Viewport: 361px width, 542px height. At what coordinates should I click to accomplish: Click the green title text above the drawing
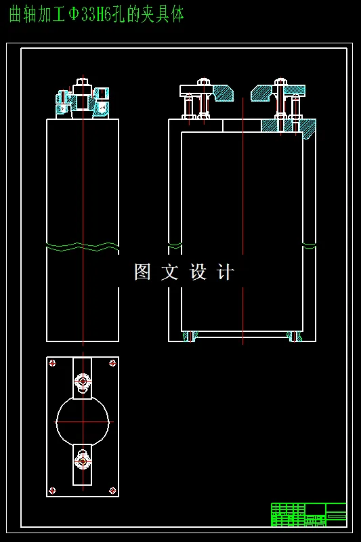(x=96, y=14)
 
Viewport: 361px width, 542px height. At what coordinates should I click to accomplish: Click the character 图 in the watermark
(x=142, y=272)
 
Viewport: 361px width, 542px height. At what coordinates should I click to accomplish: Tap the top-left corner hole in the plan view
(x=52, y=363)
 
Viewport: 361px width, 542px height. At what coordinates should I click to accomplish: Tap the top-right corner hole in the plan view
(x=112, y=363)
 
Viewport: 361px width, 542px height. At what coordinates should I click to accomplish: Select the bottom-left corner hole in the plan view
(x=52, y=490)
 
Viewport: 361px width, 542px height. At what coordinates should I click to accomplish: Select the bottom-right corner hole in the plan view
(x=112, y=490)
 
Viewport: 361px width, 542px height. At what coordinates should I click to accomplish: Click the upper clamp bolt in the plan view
(x=83, y=381)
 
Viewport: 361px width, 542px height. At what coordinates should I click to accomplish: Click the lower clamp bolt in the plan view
(x=83, y=461)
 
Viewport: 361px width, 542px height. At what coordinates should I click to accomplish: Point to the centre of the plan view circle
(x=83, y=421)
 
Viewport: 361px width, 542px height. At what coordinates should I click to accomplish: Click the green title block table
(x=308, y=514)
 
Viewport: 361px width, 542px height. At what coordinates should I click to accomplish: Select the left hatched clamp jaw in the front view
(x=223, y=93)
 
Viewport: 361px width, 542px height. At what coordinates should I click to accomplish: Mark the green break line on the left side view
(x=83, y=247)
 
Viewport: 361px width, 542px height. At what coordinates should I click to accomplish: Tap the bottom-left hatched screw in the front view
(x=190, y=336)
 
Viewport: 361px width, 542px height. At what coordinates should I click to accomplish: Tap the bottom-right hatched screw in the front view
(x=294, y=336)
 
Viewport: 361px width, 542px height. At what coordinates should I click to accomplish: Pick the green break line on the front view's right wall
(x=309, y=246)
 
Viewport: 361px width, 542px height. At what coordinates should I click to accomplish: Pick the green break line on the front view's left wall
(x=175, y=245)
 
